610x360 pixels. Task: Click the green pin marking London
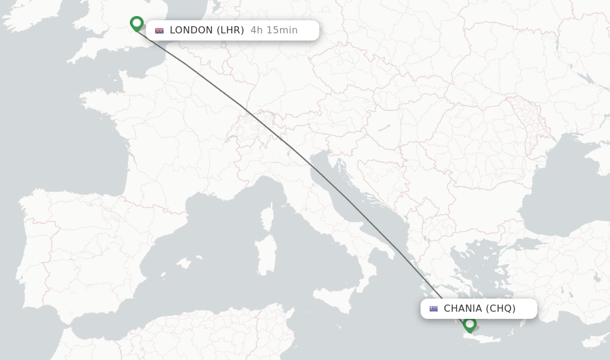pos(136,23)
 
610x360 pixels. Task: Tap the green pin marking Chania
pos(469,324)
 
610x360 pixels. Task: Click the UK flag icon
pos(159,30)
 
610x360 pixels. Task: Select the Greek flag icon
pos(433,309)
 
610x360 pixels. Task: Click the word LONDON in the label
pos(191,30)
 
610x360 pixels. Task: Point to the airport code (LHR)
pos(230,30)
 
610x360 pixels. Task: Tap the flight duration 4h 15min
pos(274,30)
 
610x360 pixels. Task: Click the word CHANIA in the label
pos(462,309)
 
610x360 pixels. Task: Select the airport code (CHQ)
pos(500,309)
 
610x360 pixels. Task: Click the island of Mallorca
pos(185,263)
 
